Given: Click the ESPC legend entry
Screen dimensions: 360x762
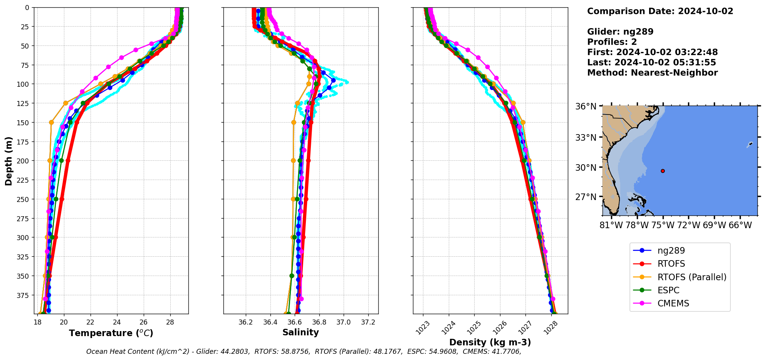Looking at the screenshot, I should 668,290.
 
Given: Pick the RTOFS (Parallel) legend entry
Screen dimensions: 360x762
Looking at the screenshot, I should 692,277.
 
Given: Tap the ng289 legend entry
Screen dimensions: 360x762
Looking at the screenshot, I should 671,251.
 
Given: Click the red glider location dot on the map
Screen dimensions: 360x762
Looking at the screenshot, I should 663,171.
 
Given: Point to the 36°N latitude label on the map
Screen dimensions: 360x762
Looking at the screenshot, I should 586,106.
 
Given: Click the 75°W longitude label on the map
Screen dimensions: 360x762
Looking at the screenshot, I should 663,225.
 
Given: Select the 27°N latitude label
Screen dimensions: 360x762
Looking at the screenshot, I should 586,197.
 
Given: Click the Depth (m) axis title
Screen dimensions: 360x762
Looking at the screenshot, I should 8,161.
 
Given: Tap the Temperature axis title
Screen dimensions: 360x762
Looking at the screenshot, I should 111,333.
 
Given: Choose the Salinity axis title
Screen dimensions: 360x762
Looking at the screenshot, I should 300,332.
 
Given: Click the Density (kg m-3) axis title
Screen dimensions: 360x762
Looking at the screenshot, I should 490,342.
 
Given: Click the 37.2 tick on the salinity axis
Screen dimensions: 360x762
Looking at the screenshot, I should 368,322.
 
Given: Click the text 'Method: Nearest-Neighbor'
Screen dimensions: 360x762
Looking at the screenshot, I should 652,73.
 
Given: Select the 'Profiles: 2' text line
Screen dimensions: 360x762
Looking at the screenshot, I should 612,42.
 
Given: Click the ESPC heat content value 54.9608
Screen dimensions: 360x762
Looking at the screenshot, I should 442,352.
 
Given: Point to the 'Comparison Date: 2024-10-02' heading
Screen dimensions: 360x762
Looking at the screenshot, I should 660,11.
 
